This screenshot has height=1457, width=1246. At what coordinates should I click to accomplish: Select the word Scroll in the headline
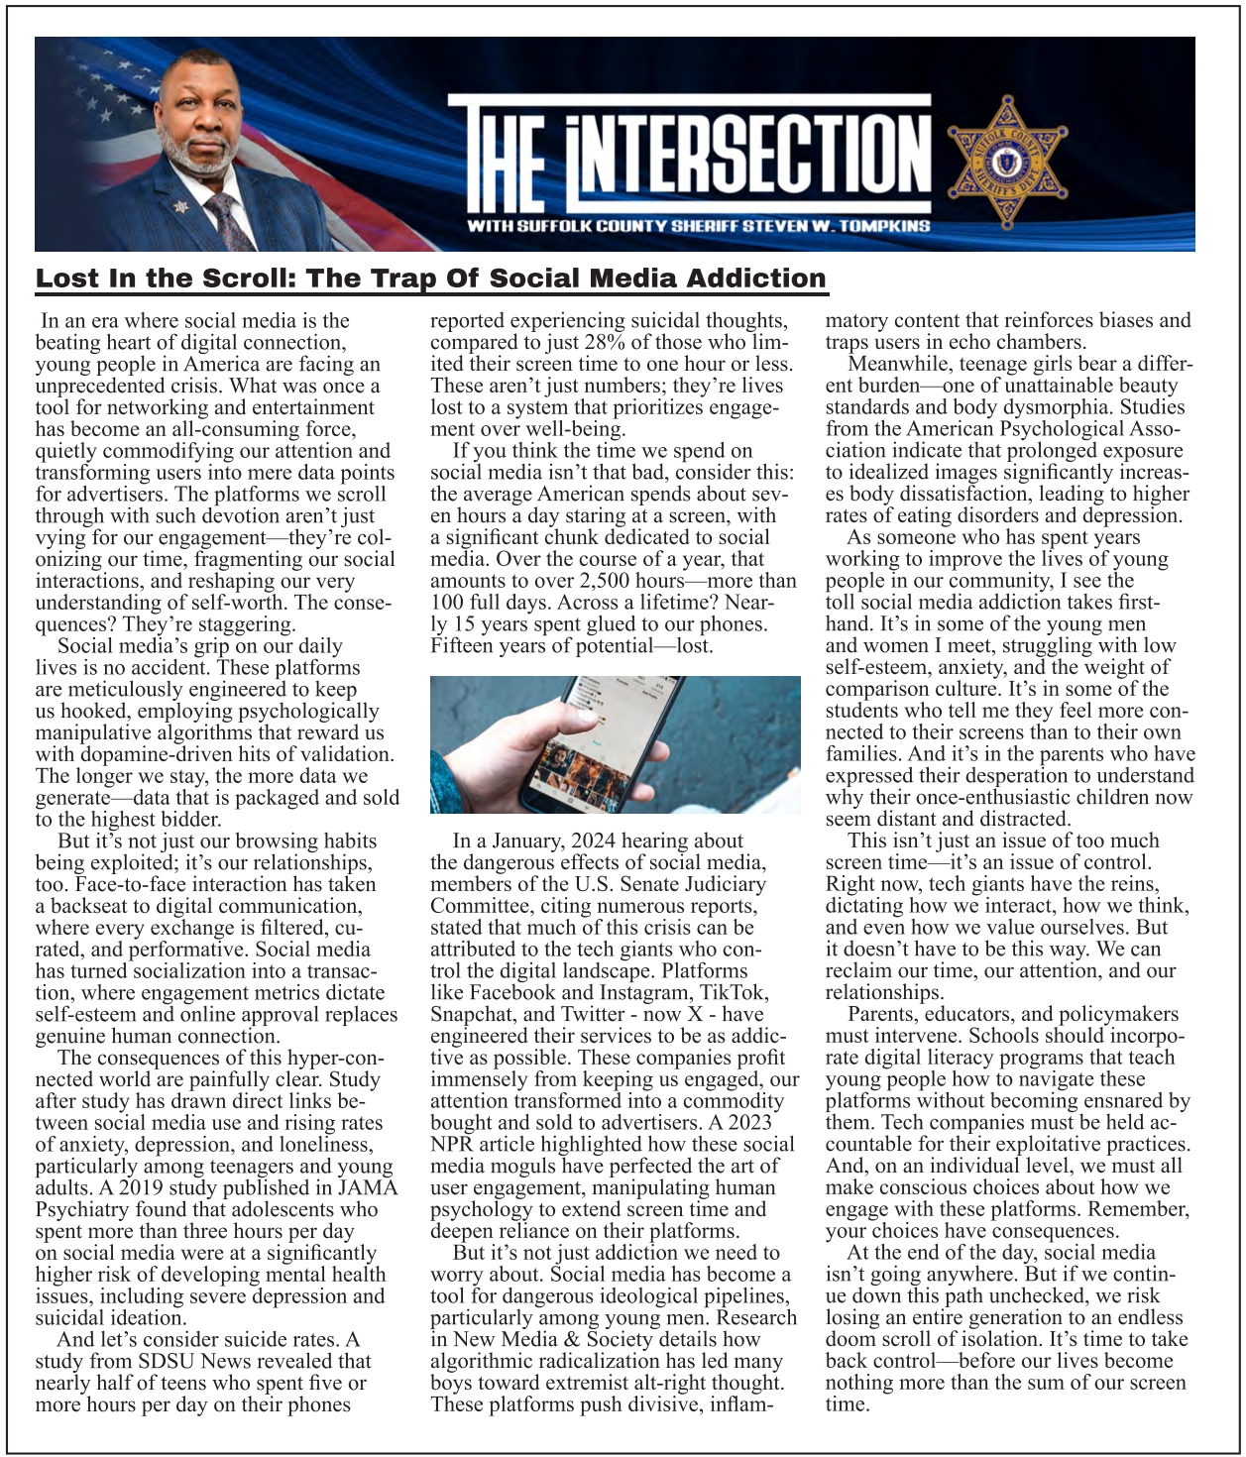click(x=240, y=279)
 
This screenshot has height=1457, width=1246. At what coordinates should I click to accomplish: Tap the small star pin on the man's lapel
click(x=179, y=206)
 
